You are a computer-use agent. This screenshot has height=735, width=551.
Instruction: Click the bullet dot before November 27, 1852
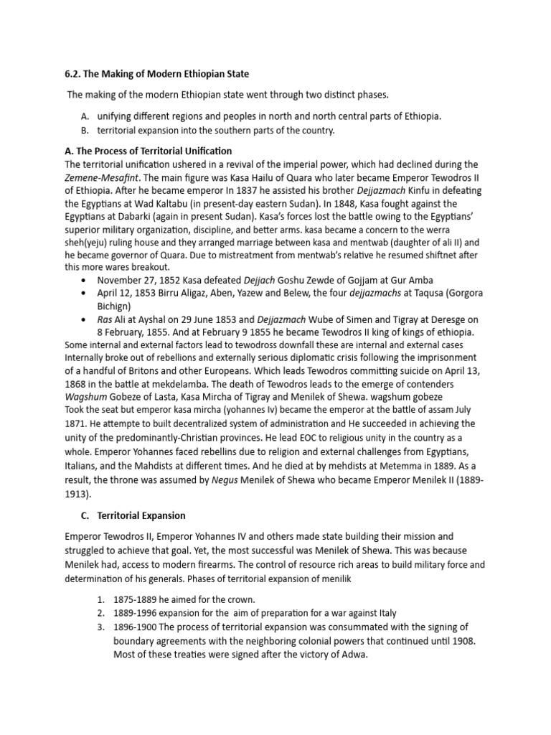(86, 281)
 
